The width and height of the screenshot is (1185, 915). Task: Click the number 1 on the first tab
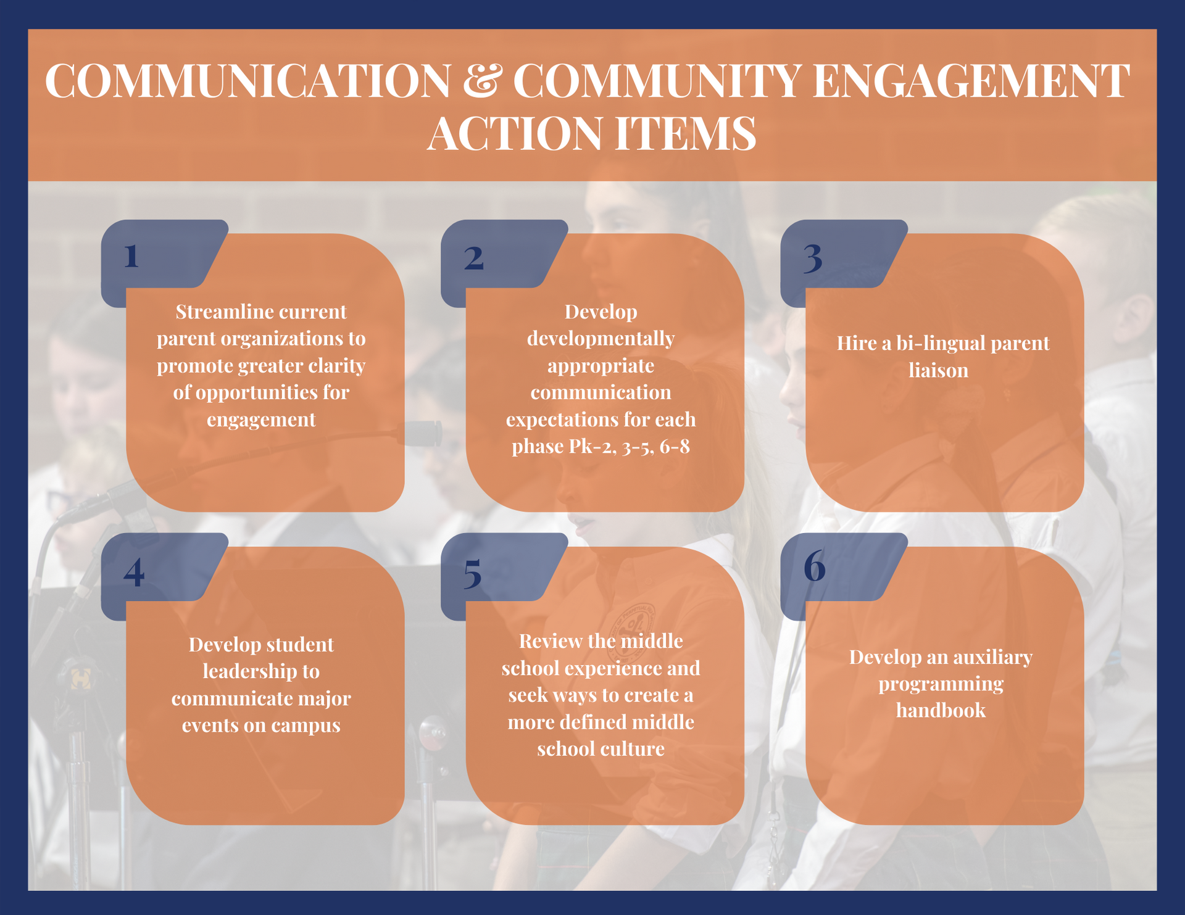pyautogui.click(x=131, y=256)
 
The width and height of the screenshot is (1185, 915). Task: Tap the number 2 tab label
pyautogui.click(x=473, y=258)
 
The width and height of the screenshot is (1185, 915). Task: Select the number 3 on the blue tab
pyautogui.click(x=813, y=258)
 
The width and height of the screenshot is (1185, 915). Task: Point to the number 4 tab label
pyautogui.click(x=134, y=572)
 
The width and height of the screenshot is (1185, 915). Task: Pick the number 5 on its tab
pyautogui.click(x=472, y=574)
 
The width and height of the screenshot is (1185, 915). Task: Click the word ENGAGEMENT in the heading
pyautogui.click(x=971, y=81)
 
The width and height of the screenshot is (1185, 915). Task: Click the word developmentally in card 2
pyautogui.click(x=601, y=339)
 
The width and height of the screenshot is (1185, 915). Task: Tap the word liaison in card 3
pyautogui.click(x=938, y=370)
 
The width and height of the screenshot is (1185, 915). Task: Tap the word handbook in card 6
pyautogui.click(x=941, y=711)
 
